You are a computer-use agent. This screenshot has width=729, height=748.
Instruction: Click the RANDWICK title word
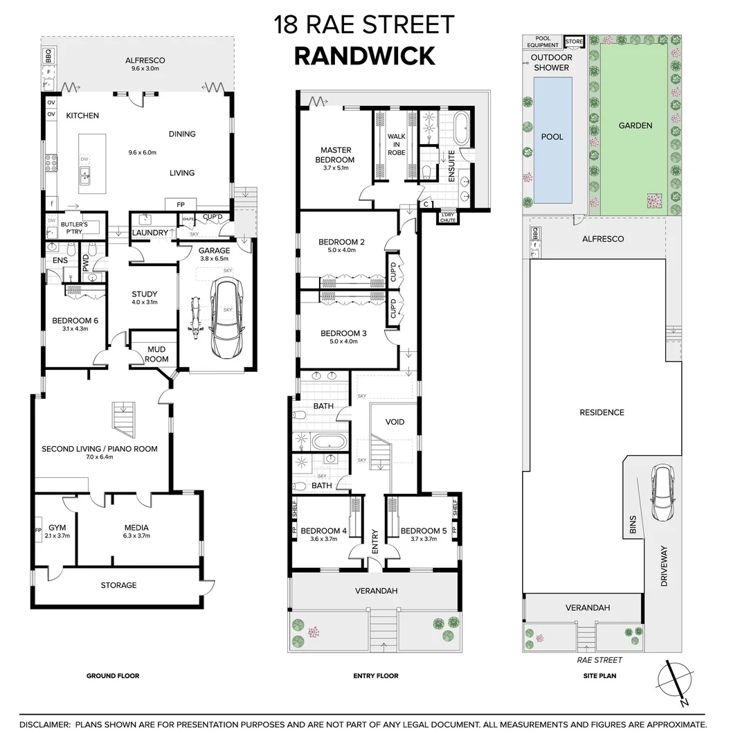tap(364, 55)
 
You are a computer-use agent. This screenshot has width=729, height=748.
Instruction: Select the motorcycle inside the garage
tap(195, 319)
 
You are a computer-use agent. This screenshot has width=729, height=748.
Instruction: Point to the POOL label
tap(552, 136)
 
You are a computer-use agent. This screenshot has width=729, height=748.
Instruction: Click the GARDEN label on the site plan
tap(635, 125)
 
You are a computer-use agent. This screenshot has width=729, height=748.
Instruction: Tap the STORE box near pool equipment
tap(575, 42)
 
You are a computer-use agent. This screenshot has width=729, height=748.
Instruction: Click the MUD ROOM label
tap(156, 354)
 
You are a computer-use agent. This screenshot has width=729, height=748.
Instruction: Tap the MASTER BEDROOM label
tap(336, 154)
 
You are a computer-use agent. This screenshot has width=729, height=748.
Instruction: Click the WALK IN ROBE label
tap(396, 144)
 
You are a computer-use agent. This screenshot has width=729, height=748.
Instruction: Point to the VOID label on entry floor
tap(394, 422)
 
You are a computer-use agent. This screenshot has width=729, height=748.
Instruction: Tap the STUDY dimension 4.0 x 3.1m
tap(145, 302)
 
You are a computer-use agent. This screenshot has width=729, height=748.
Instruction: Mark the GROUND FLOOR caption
tap(113, 676)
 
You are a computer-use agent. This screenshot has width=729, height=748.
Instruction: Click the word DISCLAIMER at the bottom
tap(43, 724)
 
